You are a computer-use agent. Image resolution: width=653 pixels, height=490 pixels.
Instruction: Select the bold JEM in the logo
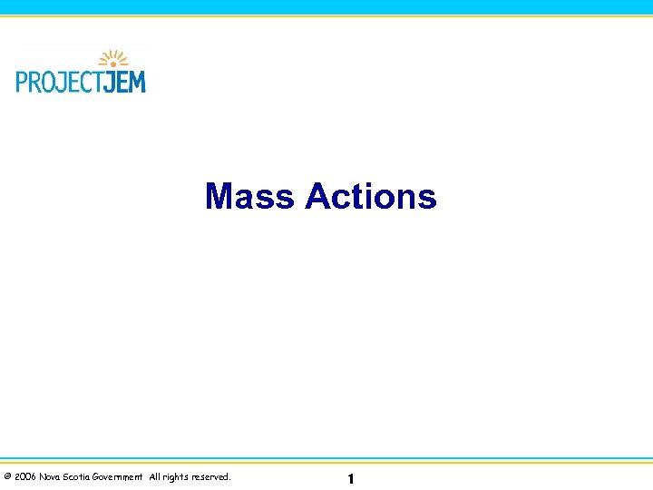click(125, 81)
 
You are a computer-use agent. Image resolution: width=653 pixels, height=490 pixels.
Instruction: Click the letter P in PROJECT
click(22, 81)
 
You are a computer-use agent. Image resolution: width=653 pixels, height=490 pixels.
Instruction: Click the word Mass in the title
click(250, 196)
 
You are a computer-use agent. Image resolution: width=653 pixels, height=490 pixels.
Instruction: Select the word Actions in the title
click(371, 196)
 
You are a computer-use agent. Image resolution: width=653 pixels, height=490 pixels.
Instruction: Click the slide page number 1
click(350, 478)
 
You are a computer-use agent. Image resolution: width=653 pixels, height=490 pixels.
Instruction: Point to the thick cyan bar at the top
click(326, 6)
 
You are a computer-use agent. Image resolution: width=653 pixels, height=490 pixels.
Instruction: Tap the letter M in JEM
click(137, 81)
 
